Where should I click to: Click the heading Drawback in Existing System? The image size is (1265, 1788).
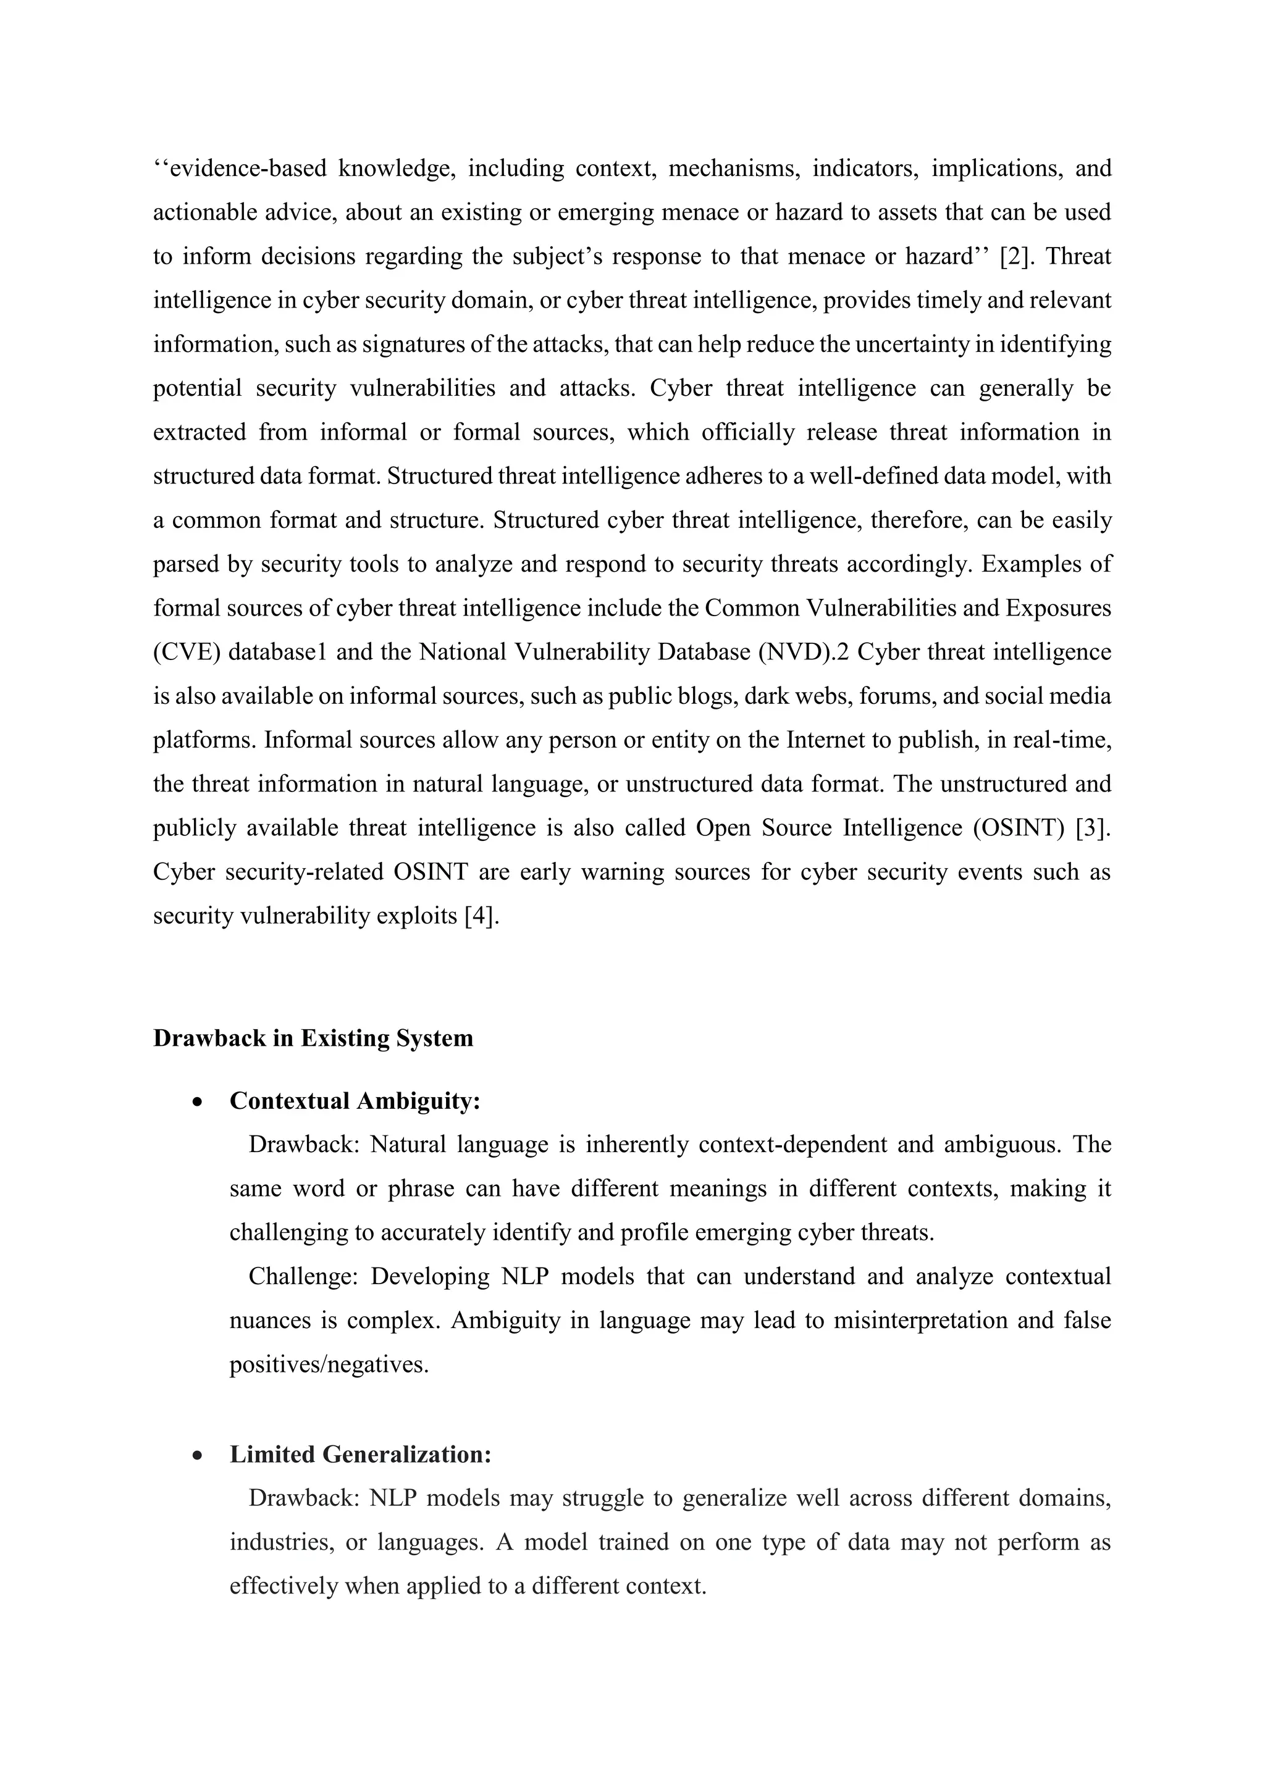tap(313, 1038)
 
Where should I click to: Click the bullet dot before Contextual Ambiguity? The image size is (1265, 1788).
tap(199, 1103)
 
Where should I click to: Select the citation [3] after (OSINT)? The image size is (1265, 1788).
tap(1093, 827)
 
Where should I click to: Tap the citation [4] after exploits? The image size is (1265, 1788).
tap(481, 915)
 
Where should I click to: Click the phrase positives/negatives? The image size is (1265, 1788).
tap(329, 1364)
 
